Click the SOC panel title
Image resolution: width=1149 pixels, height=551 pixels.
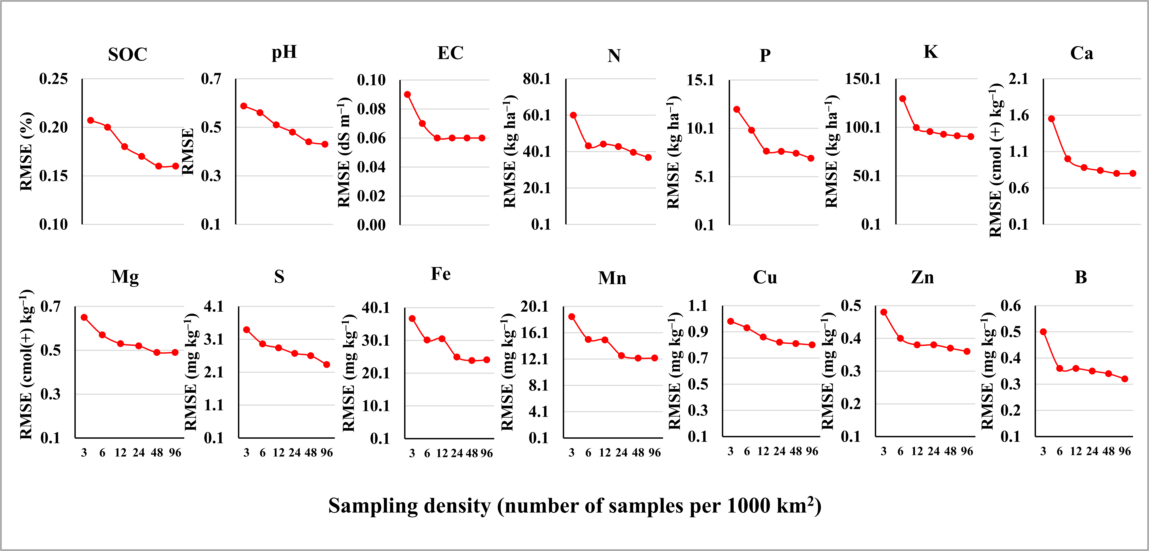128,54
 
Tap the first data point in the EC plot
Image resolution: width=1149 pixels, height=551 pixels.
407,94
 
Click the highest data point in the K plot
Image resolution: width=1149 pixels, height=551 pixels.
902,98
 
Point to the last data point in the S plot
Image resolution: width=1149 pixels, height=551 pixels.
326,365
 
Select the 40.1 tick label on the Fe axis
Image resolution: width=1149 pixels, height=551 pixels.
376,308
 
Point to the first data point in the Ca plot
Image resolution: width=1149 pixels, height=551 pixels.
1051,119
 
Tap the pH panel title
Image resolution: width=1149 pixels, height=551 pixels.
284,53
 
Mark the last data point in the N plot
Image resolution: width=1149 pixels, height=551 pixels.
648,157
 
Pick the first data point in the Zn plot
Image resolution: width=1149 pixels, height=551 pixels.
884,312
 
